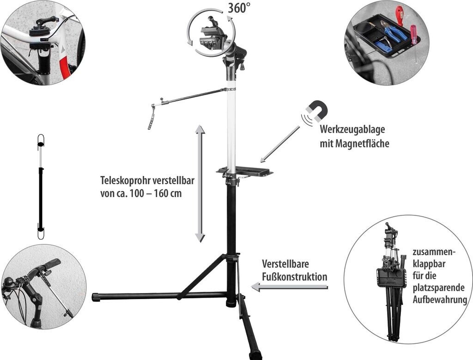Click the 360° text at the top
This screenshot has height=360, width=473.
point(239,8)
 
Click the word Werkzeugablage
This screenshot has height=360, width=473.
point(352,129)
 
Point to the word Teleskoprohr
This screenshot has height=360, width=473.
point(125,180)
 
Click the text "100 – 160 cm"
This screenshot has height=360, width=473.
point(156,193)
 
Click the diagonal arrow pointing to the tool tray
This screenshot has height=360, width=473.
point(280,144)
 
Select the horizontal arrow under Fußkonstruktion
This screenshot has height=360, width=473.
point(290,287)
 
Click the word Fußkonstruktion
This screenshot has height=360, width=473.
point(294,277)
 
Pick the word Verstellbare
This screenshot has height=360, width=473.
point(285,264)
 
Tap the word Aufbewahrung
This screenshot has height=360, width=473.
point(440,299)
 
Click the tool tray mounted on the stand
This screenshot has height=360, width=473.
point(244,171)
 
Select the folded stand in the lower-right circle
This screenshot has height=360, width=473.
point(390,282)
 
